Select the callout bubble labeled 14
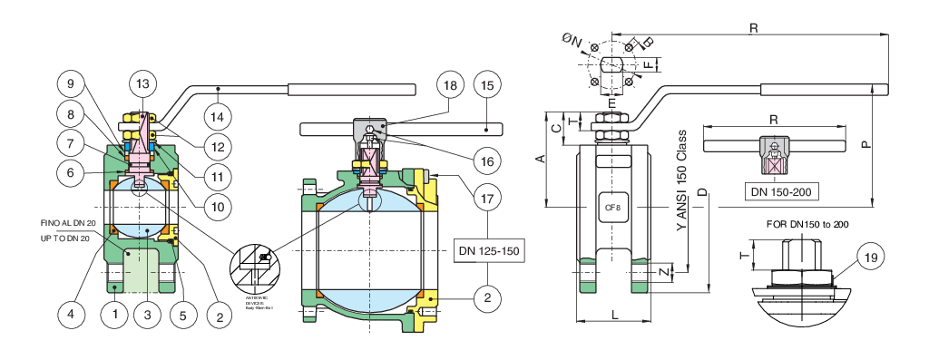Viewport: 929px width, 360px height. (217, 117)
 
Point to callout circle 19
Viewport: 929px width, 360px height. (869, 258)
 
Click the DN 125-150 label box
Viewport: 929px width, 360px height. (489, 249)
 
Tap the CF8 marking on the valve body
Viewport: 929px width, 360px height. (612, 208)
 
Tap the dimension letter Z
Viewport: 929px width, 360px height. (664, 271)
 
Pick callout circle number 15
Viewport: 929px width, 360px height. (487, 86)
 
